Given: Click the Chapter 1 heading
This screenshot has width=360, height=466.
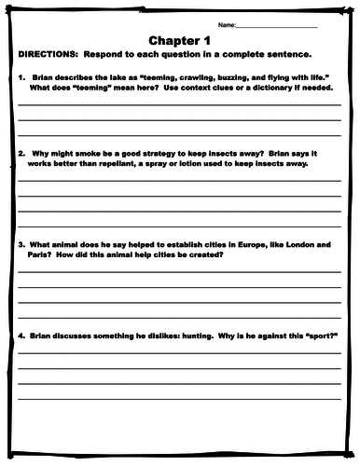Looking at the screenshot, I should [x=180, y=40].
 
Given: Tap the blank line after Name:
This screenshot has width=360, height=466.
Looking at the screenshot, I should [x=279, y=26].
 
